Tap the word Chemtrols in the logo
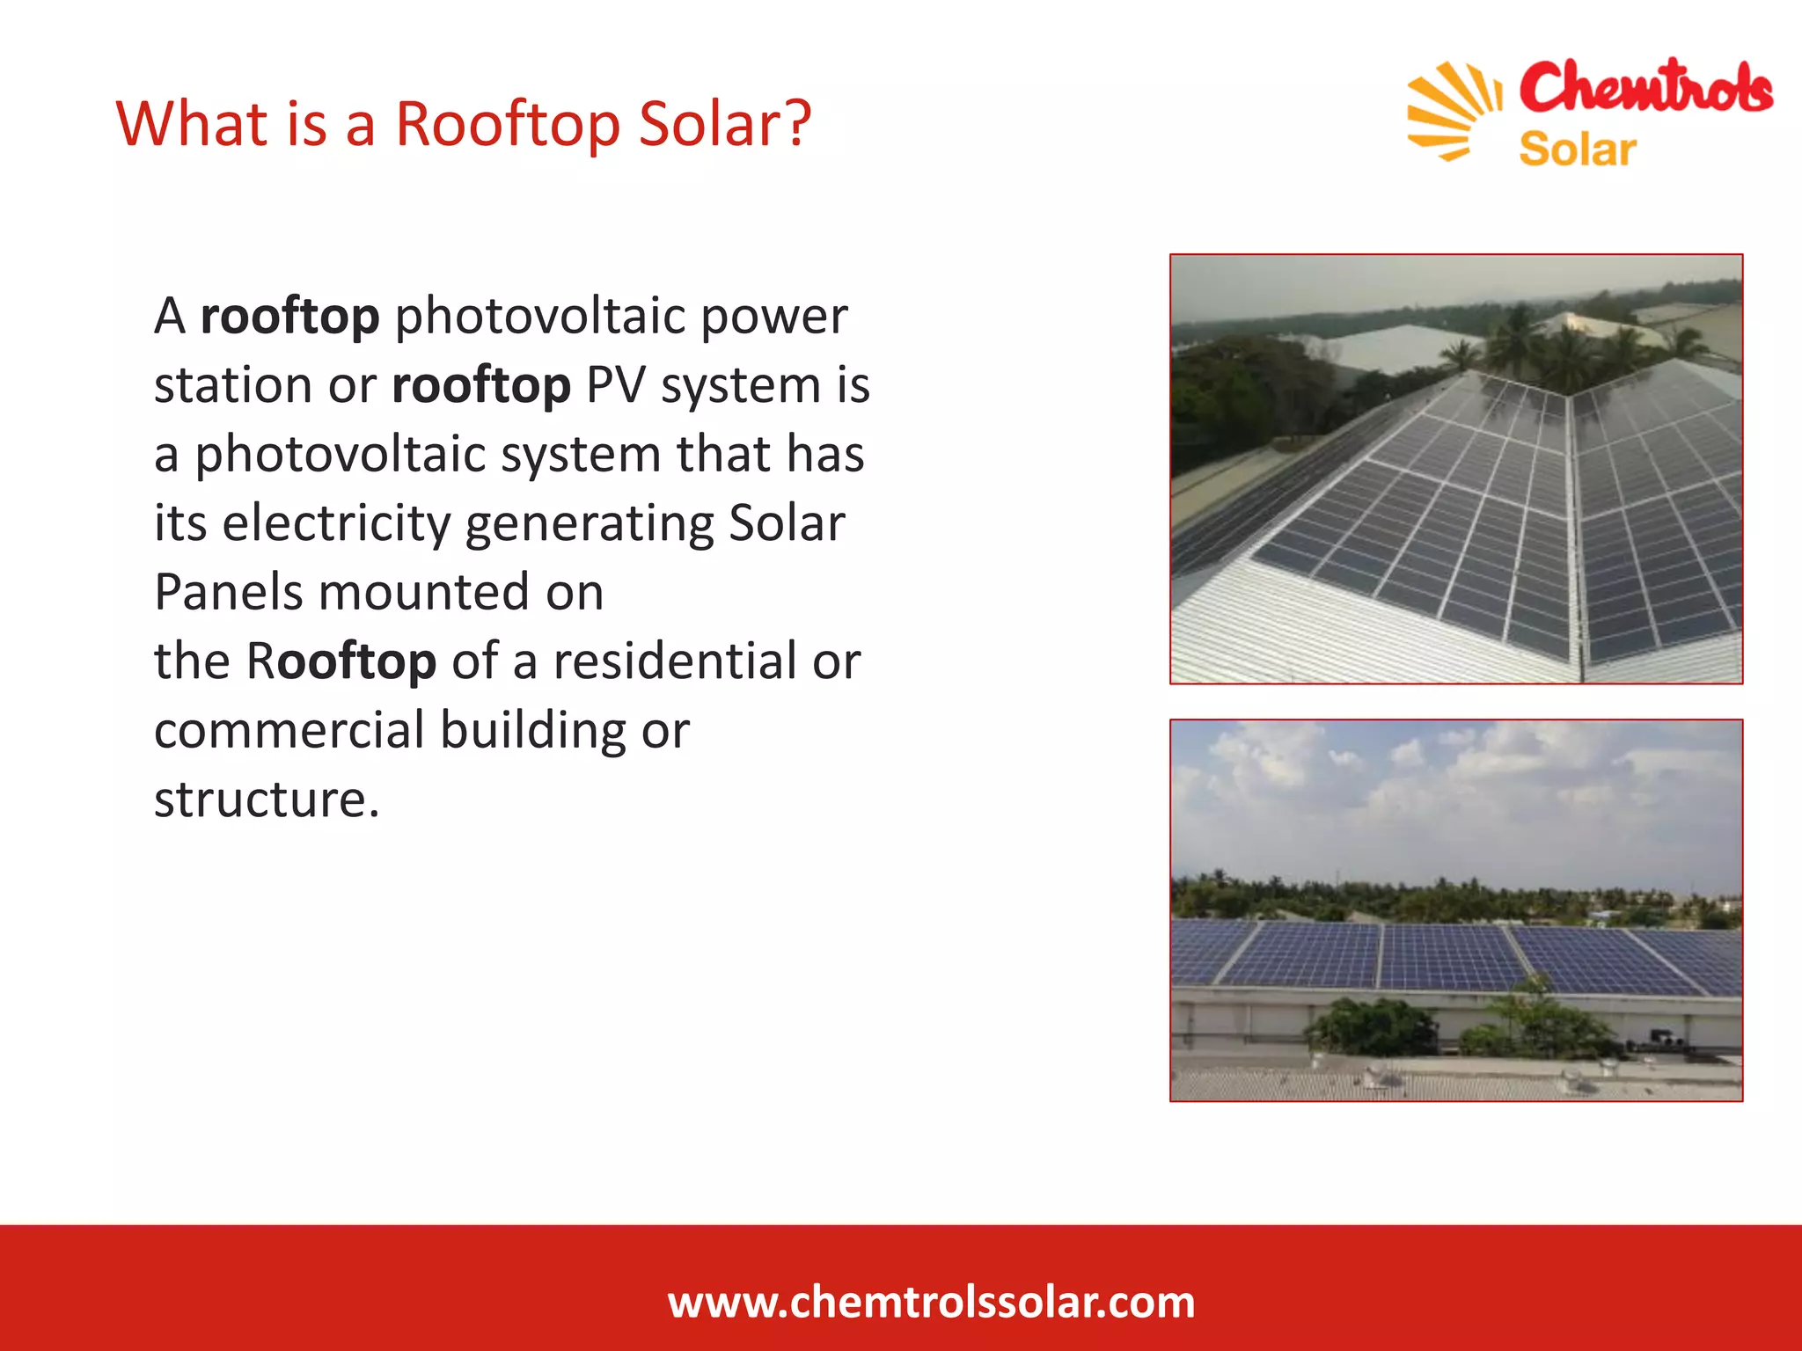click(1645, 89)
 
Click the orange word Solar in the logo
click(1577, 150)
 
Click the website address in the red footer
click(931, 1302)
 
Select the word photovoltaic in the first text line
click(539, 316)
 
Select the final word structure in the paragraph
click(267, 800)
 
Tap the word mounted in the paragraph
click(423, 592)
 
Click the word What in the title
click(191, 123)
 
